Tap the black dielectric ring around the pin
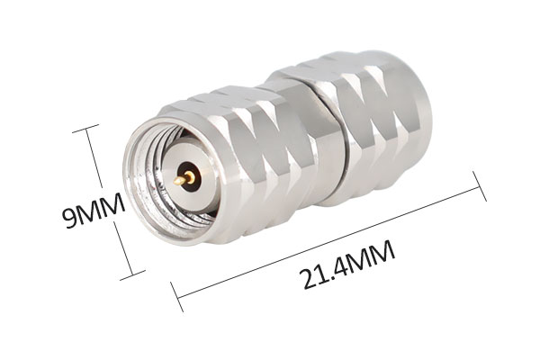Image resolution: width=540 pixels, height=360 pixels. pyautogui.click(x=189, y=176)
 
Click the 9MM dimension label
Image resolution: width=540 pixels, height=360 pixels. pyautogui.click(x=94, y=210)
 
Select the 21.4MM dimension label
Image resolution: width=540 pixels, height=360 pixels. pyautogui.click(x=346, y=265)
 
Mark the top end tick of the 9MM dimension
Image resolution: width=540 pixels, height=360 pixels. pyautogui.click(x=85, y=128)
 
